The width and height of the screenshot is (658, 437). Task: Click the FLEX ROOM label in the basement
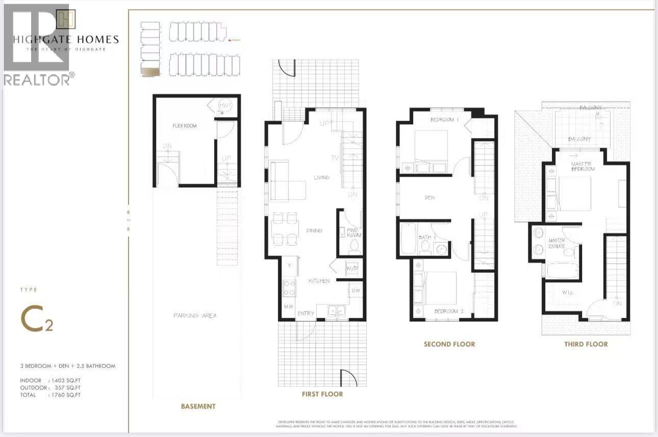[x=184, y=126]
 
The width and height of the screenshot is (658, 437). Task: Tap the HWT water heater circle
[x=225, y=105]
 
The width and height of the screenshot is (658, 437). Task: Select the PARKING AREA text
[x=194, y=316]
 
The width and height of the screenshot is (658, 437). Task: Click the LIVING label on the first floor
[x=321, y=177]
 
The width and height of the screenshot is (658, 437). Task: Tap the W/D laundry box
[x=352, y=268]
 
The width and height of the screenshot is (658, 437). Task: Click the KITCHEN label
[x=319, y=281]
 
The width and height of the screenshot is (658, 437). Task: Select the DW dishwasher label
[x=356, y=291]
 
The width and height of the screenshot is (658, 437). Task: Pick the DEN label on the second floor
[x=429, y=198]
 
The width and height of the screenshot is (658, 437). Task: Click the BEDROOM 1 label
[x=445, y=120]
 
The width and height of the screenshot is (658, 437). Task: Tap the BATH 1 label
[x=425, y=238]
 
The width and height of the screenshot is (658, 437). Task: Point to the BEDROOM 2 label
[x=448, y=311]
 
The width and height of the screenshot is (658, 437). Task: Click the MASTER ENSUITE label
[x=556, y=243]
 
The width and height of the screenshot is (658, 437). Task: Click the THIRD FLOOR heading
[x=586, y=344]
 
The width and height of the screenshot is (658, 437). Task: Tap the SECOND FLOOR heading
[x=449, y=344]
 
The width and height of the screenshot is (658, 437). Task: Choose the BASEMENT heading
[x=198, y=406]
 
